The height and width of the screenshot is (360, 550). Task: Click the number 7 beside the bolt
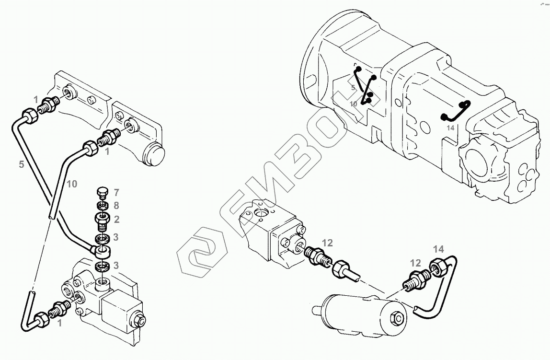coord(116,193)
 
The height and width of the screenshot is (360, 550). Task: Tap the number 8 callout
coord(116,206)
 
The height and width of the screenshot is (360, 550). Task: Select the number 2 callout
coord(116,220)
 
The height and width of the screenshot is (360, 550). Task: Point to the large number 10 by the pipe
coord(71,184)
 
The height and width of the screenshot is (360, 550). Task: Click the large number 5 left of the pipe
coord(21,164)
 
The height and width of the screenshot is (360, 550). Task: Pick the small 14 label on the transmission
coord(450,128)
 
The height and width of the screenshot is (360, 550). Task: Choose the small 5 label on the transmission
coord(353,88)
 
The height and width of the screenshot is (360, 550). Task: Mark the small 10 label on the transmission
coord(354,104)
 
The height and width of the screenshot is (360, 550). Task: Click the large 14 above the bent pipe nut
coord(438,249)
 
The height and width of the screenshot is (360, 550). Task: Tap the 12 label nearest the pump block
coord(327,243)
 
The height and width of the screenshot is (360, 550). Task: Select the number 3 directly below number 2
coord(116,237)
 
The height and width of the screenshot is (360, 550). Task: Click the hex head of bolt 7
coord(101,192)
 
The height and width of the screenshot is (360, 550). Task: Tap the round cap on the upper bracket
coord(155,154)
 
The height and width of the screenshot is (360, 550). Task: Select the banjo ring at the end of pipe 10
coord(102,251)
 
